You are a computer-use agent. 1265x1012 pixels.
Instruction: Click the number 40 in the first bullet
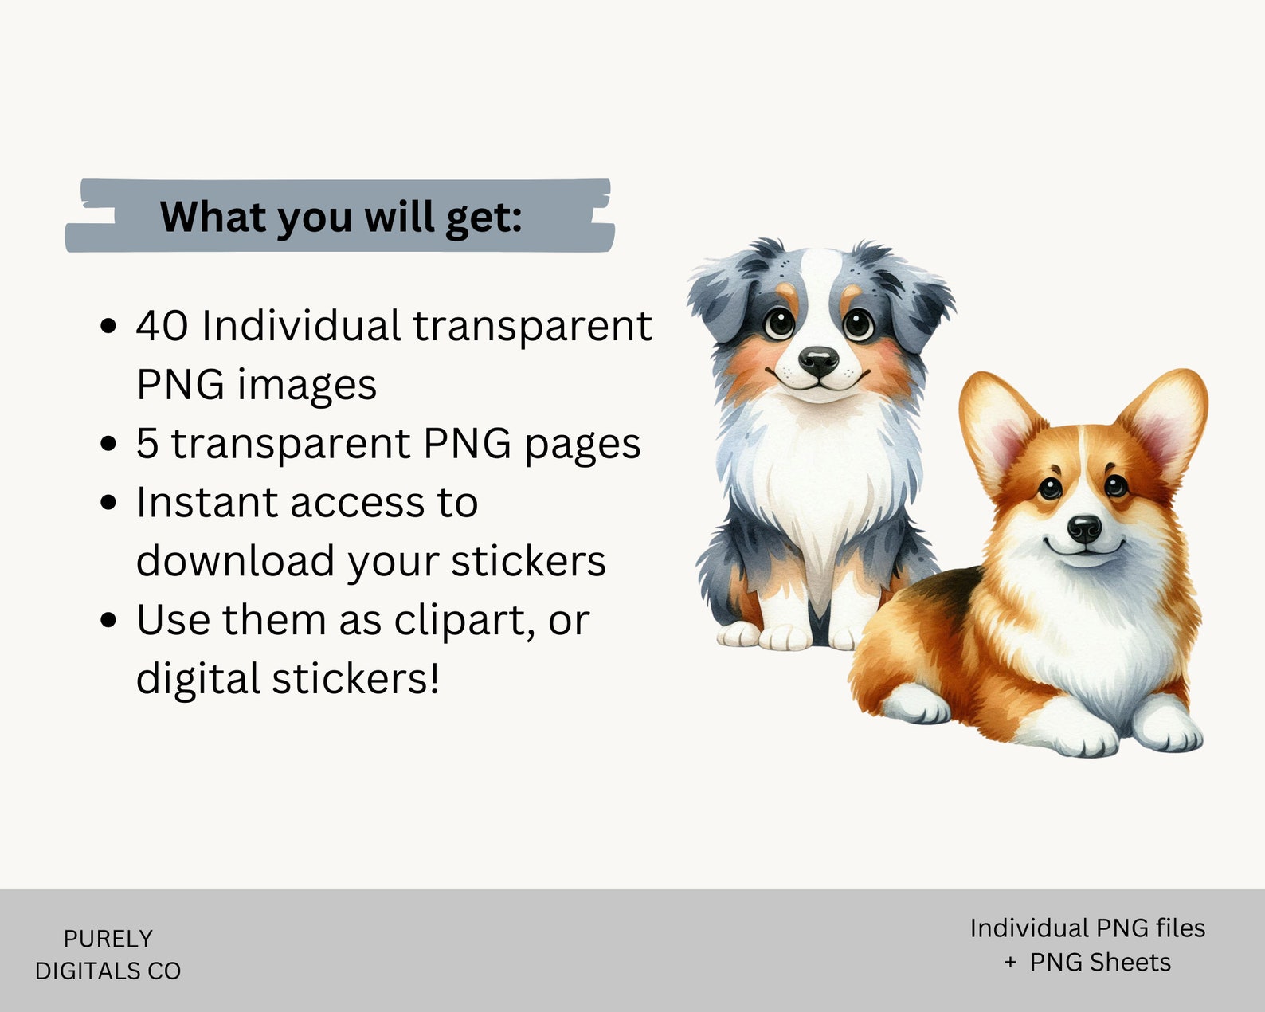click(x=162, y=326)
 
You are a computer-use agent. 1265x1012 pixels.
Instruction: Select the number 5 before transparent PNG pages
click(x=147, y=443)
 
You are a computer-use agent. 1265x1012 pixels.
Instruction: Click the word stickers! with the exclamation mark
click(x=355, y=679)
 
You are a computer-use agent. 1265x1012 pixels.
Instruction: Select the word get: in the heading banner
click(x=484, y=219)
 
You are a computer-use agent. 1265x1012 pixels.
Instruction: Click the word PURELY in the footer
click(x=108, y=939)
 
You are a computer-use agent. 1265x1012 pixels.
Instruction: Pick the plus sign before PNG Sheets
click(x=1010, y=963)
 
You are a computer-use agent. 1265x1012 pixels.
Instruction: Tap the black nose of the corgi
click(x=1084, y=528)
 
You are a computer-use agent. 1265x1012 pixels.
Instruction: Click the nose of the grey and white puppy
click(x=819, y=360)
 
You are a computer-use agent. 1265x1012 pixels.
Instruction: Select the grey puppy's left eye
click(x=779, y=322)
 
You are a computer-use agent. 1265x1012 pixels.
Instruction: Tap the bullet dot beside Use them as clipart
click(x=108, y=620)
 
